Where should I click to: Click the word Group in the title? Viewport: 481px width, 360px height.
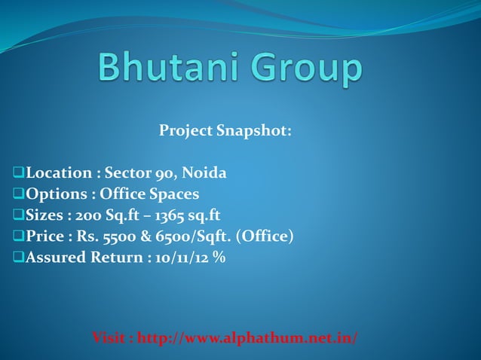click(x=308, y=70)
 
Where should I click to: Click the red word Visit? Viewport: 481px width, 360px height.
click(x=109, y=337)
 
